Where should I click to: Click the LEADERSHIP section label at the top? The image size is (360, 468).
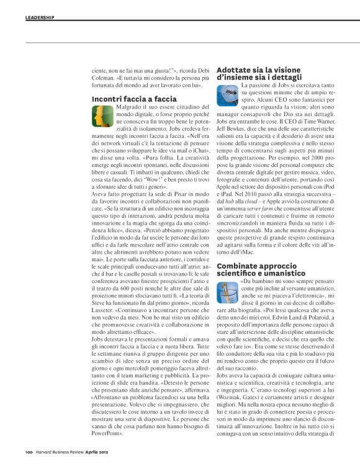[40, 17]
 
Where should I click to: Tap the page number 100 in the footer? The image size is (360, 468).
[29, 451]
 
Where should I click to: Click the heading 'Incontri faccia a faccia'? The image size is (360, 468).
[134, 99]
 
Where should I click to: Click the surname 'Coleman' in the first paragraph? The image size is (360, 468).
[104, 78]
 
